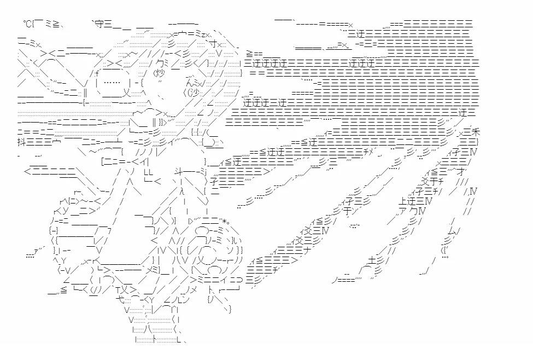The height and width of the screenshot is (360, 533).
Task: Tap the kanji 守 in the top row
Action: (98, 24)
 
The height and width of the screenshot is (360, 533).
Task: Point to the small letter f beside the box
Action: (96, 73)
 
